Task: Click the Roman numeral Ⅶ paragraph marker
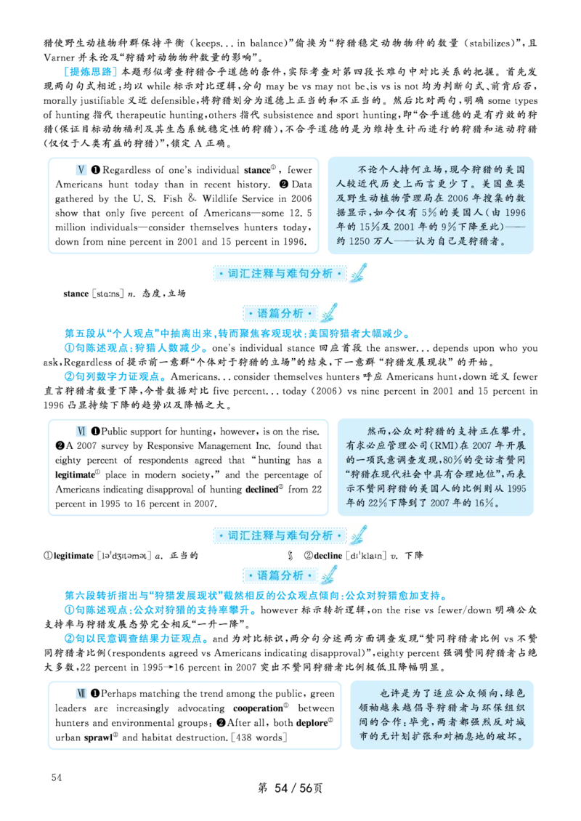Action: (x=83, y=693)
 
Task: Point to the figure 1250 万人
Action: (x=375, y=241)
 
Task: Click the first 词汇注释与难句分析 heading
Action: (x=280, y=274)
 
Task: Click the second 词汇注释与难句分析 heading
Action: (x=280, y=535)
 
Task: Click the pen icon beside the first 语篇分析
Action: (x=330, y=312)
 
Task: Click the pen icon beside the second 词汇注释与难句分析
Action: (x=358, y=535)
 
